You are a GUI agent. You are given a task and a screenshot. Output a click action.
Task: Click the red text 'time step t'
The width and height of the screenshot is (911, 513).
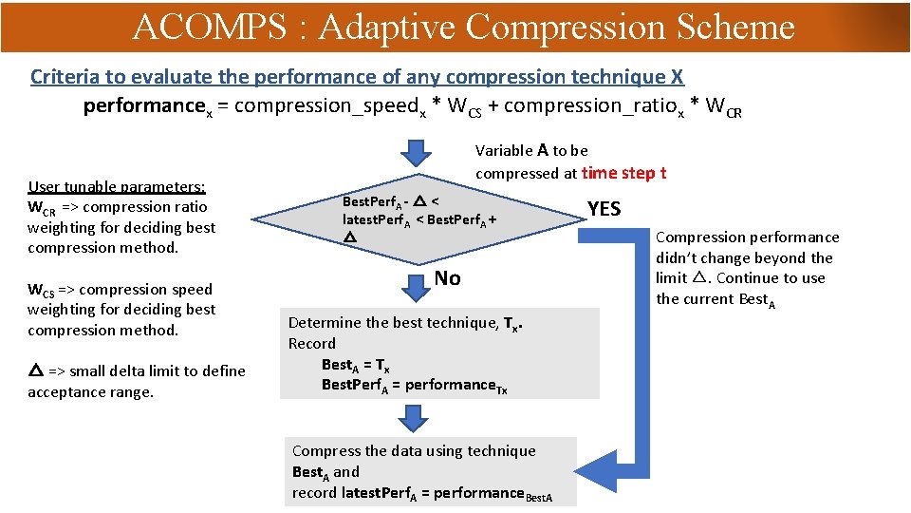pos(623,173)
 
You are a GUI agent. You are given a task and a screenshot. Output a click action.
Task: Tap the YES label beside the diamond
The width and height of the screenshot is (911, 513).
pos(604,209)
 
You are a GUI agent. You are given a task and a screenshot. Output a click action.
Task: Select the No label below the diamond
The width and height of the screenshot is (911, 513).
pos(447,278)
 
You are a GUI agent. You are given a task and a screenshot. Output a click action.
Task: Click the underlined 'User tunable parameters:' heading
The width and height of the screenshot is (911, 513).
pos(117,187)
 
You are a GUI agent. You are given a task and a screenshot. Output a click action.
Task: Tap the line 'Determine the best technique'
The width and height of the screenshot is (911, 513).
pos(402,323)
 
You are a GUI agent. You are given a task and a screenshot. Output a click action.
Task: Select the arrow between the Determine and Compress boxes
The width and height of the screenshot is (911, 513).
pos(413,416)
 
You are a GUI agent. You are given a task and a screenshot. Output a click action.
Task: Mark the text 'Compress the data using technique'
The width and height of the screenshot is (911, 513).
pos(414,451)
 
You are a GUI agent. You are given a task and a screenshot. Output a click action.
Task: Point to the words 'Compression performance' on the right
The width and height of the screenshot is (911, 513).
pos(748,237)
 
